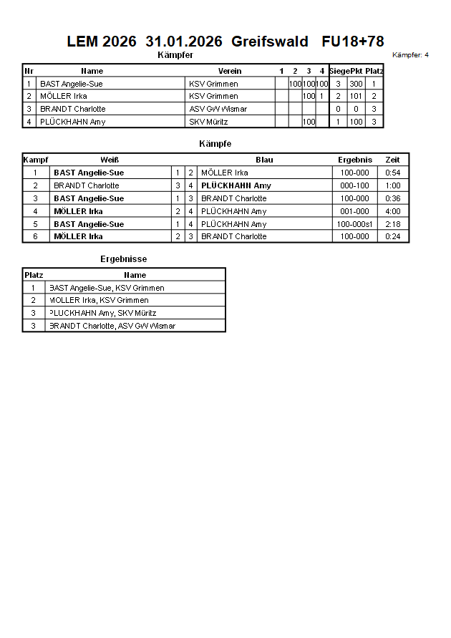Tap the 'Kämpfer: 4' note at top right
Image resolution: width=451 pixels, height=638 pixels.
pos(411,54)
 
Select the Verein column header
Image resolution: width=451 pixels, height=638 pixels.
pos(230,71)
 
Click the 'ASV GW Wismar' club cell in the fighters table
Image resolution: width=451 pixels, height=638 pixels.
pos(218,109)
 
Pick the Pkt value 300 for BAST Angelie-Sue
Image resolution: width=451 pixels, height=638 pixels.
pos(356,84)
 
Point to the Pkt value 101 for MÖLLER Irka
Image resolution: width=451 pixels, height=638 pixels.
pos(356,96)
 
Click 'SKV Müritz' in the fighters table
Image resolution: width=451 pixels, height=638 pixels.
pos(208,122)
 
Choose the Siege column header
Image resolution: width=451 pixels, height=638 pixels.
pos(339,71)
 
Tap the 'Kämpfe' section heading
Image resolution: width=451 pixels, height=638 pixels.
pos(215,144)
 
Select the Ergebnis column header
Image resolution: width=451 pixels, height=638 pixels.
pos(355,160)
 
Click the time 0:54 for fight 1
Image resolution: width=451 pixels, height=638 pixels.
pos(392,173)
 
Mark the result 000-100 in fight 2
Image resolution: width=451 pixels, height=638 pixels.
pos(355,185)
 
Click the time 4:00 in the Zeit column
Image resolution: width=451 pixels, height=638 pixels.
pos(392,211)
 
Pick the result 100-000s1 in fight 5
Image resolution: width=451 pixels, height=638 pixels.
pos(355,224)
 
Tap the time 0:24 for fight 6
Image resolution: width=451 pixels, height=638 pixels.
pos(392,236)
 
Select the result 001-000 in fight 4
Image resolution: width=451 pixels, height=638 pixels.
pos(355,211)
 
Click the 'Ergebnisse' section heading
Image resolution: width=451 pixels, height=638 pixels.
pos(124,258)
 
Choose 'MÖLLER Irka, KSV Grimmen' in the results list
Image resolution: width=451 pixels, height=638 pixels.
pos(99,300)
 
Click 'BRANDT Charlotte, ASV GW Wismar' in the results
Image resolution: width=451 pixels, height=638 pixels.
pos(112,326)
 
